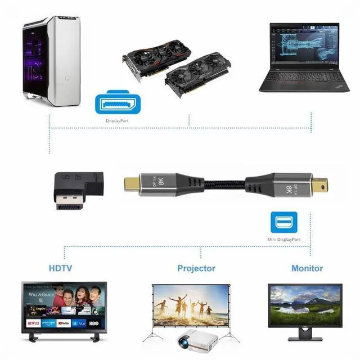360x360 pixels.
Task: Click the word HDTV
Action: click(x=60, y=268)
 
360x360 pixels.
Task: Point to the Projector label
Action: click(x=196, y=268)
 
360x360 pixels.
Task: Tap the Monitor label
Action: click(x=307, y=268)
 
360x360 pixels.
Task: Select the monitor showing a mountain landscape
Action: click(x=304, y=303)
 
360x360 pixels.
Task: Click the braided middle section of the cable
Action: click(x=222, y=183)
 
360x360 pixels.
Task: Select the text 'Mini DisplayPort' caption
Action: click(x=283, y=240)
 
